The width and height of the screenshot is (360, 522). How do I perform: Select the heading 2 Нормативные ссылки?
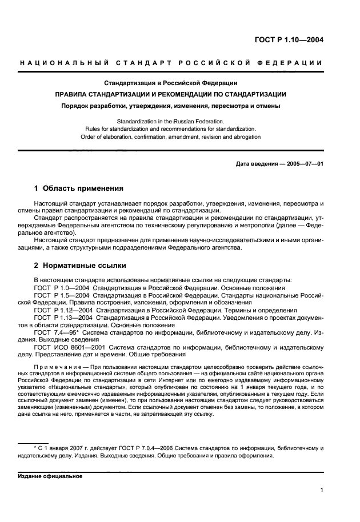80,266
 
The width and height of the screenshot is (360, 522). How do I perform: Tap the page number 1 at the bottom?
322,489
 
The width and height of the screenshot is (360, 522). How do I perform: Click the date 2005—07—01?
303,164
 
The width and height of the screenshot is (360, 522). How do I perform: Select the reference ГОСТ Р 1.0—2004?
61,288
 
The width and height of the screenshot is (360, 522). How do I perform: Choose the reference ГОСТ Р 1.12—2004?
62,310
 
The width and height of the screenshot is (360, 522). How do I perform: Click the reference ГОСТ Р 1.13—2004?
62,318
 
